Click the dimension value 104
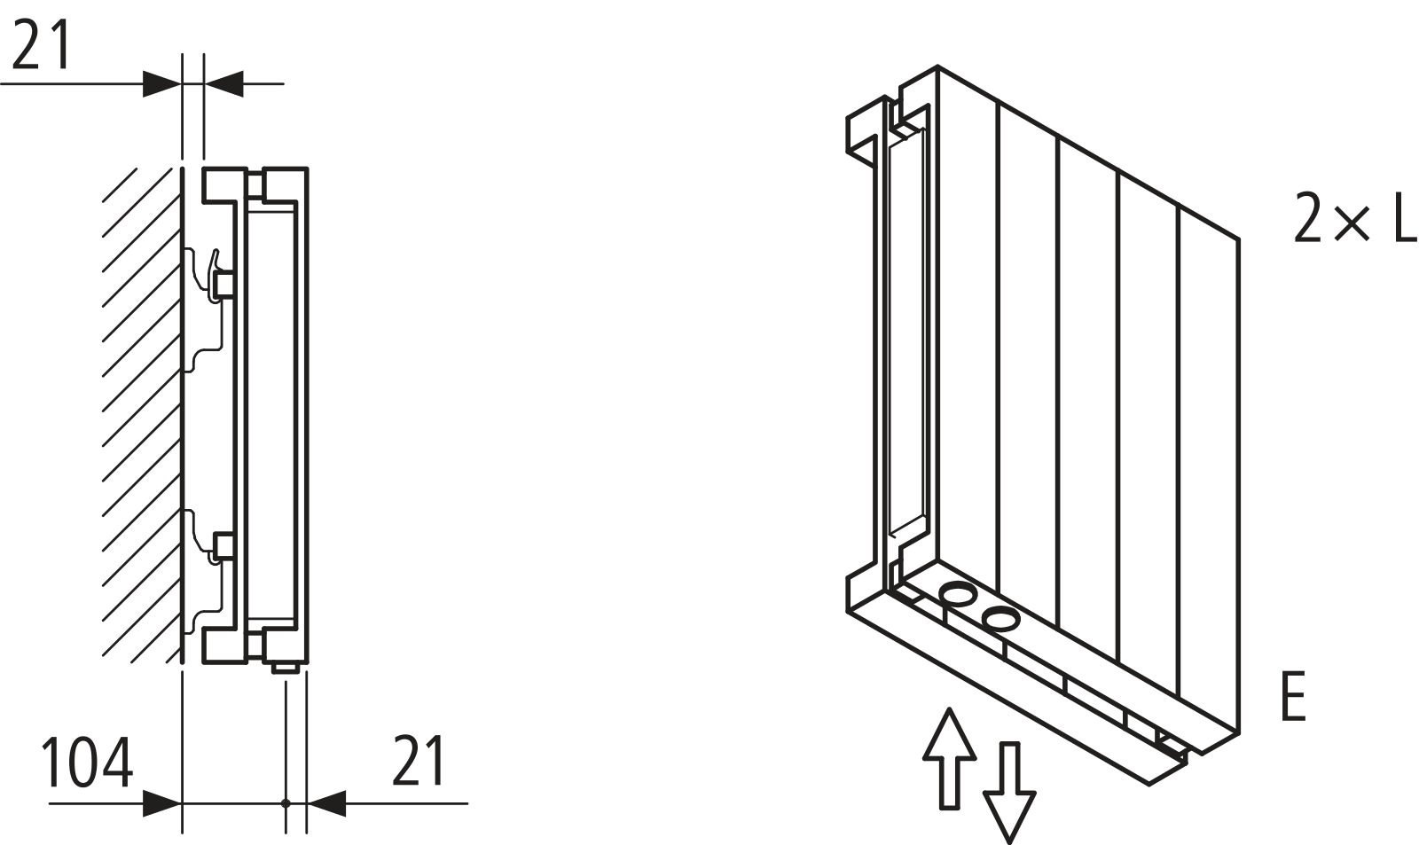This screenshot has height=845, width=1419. [88, 762]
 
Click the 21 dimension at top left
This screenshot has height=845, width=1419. [42, 45]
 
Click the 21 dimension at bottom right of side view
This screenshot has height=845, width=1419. [418, 760]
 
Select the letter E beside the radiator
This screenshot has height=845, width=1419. [1293, 698]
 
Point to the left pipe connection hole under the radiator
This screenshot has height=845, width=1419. [958, 593]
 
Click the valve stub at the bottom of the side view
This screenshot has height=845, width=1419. [285, 666]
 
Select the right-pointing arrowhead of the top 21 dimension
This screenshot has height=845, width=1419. [162, 84]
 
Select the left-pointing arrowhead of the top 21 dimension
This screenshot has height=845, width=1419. [223, 84]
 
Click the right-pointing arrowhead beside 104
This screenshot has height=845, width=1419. [162, 804]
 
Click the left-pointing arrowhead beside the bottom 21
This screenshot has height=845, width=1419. [326, 804]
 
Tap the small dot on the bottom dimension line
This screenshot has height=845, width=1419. [286, 804]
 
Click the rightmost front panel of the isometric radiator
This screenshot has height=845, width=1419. [1208, 470]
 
